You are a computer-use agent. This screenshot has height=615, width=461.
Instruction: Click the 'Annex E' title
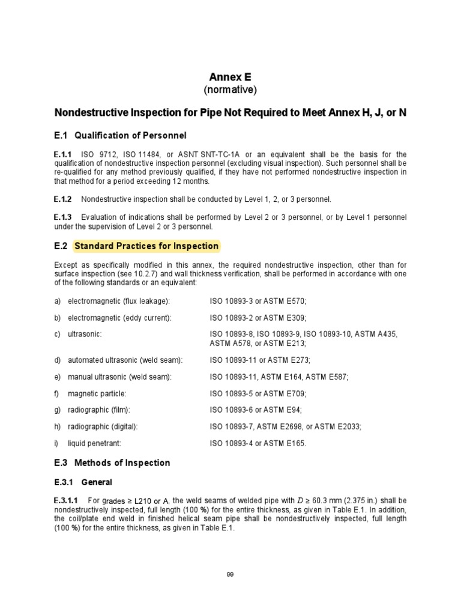[x=230, y=76]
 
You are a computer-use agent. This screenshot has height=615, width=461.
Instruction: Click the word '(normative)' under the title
[x=230, y=90]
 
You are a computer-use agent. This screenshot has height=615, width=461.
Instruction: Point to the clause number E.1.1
[x=62, y=154]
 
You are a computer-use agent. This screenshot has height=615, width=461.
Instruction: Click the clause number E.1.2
[x=62, y=199]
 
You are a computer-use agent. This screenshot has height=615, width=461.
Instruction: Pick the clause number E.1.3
[x=62, y=217]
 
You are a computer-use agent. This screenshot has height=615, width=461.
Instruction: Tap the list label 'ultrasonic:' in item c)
[x=85, y=333]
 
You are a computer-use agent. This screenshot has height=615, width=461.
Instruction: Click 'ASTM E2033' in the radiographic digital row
[x=337, y=427]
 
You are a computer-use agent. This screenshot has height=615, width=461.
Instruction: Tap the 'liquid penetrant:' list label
[x=96, y=444]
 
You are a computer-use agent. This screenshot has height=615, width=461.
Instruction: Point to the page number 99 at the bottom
[x=230, y=574]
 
